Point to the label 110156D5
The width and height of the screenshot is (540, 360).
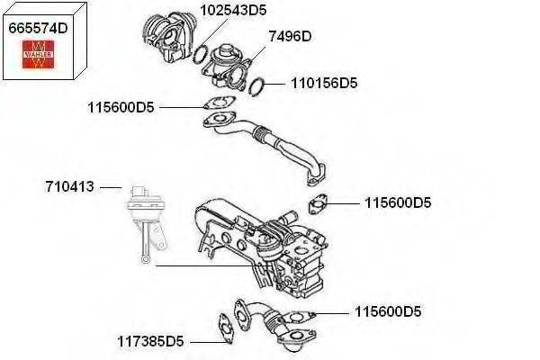[x=324, y=83]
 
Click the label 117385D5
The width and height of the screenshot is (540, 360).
[x=150, y=342]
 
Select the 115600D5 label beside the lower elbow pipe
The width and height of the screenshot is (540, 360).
[x=387, y=312]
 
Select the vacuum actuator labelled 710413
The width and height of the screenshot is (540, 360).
[x=141, y=211]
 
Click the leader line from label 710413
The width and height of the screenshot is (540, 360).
[x=110, y=187]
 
